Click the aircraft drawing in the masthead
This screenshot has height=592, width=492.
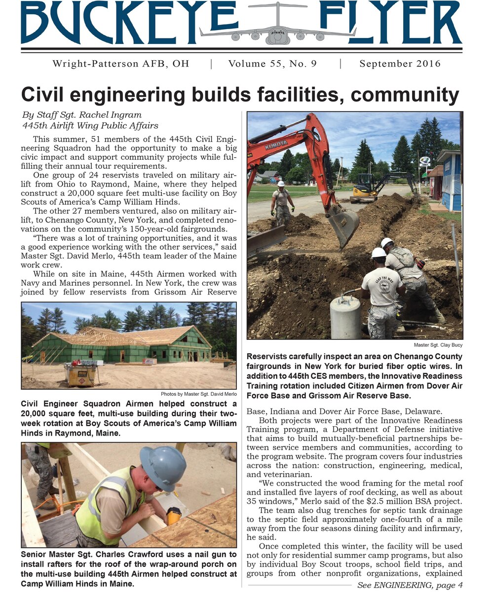(x=277, y=27)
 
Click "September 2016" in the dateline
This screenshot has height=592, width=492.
(x=400, y=64)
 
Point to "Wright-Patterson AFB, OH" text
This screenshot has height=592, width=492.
(x=120, y=64)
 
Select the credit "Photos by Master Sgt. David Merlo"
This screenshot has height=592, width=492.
(x=198, y=394)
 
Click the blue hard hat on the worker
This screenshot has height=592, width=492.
(x=163, y=468)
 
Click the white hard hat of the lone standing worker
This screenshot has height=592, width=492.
(x=281, y=184)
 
